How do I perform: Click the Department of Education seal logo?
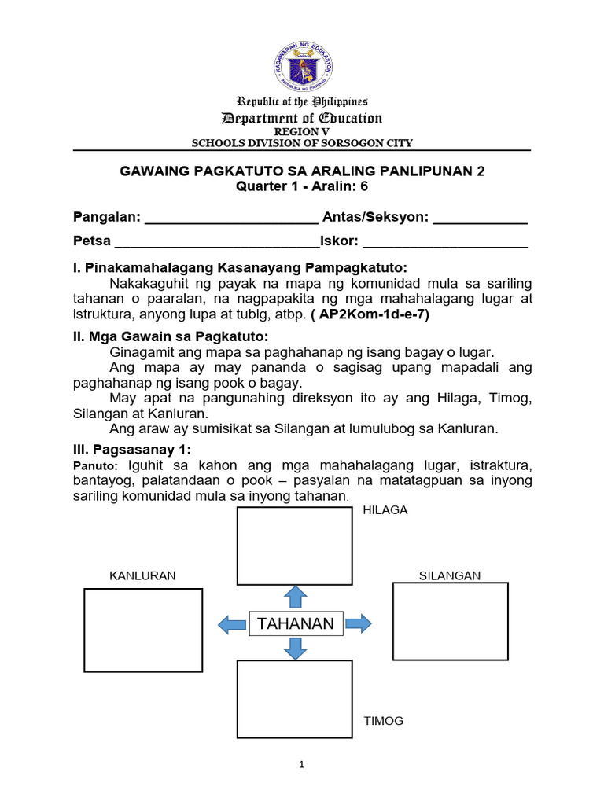303,67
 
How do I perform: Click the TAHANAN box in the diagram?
295,624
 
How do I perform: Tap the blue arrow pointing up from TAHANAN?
295,597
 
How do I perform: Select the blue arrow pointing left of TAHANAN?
232,625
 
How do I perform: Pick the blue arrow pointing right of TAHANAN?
358,624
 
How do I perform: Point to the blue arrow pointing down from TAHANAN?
295,649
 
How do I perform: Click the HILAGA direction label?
385,510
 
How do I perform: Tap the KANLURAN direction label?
142,575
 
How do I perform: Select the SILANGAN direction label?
449,575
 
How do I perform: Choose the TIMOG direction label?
383,720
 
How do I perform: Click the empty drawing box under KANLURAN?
143,630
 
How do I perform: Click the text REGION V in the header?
303,132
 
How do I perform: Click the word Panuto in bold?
94,468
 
